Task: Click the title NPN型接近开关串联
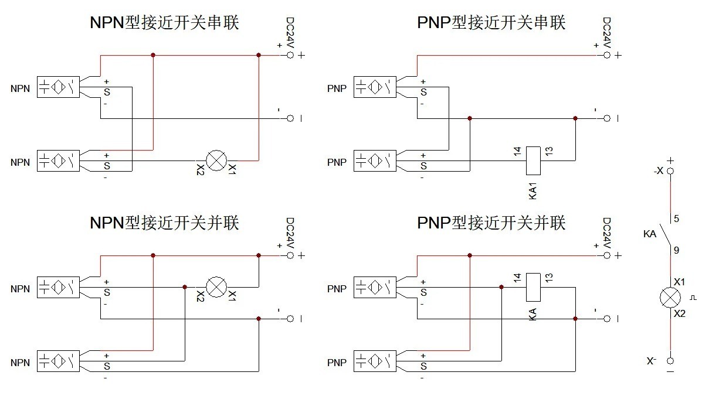[164, 23]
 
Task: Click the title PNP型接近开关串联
[491, 23]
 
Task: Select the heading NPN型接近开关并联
[164, 223]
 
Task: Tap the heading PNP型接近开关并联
[491, 223]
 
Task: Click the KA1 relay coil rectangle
[533, 160]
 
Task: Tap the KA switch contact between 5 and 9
[664, 234]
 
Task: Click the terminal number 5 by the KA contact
[677, 219]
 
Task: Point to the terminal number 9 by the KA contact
[677, 250]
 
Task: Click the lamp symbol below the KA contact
[670, 298]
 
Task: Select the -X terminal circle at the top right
[670, 171]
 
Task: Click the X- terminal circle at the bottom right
[670, 361]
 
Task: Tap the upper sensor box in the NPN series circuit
[58, 87]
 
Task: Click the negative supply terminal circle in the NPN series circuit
[290, 118]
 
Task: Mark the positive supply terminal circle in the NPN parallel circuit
[290, 255]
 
